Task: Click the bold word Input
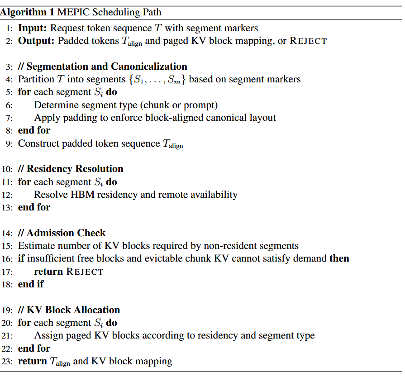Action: click(32, 28)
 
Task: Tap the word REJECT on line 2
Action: click(308, 41)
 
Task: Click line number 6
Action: click(10, 105)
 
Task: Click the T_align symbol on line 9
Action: click(172, 144)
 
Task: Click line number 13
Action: click(8, 207)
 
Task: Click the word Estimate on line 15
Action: click(36, 246)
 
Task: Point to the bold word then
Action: click(339, 258)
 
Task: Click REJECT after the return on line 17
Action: click(85, 272)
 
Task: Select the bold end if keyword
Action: click(31, 284)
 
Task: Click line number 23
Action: click(8, 362)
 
